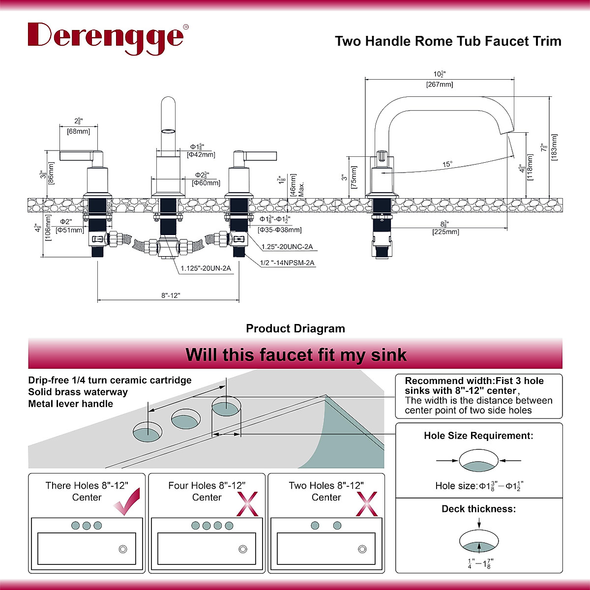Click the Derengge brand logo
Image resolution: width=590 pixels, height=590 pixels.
[106, 36]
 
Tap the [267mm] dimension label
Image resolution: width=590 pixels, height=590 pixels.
[439, 85]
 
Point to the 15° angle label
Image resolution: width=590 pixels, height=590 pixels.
[447, 164]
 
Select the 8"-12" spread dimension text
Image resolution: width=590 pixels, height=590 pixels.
[171, 295]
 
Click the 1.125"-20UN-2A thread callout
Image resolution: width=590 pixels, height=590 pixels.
[206, 268]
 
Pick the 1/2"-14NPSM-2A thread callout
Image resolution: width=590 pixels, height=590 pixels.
[287, 263]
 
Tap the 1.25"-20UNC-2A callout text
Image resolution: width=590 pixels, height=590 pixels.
[287, 247]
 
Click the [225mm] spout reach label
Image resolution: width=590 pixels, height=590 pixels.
[445, 232]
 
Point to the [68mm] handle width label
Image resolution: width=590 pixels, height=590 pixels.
[78, 131]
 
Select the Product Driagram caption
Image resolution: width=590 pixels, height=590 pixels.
[295, 328]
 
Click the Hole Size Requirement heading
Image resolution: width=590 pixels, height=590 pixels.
[478, 436]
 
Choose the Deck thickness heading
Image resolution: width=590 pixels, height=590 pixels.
[478, 509]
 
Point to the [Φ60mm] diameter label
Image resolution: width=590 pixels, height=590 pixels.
[206, 183]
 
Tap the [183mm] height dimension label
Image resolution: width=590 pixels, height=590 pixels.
[554, 148]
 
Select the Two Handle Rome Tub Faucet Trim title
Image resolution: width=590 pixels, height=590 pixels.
[448, 41]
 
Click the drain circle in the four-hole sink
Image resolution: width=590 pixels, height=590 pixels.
[242, 549]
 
